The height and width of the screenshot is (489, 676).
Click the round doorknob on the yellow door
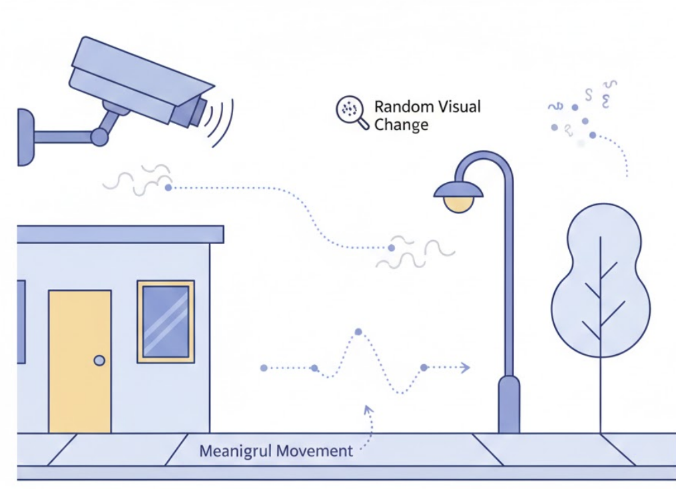tap(99, 361)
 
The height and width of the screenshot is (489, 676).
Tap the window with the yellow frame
tap(166, 322)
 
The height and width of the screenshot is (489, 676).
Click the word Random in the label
tap(398, 107)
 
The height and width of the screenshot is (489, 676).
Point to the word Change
tap(401, 125)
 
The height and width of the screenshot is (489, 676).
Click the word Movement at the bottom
tap(314, 451)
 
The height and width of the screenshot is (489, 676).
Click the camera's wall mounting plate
tap(25, 137)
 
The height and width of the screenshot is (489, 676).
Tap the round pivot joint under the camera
tap(99, 137)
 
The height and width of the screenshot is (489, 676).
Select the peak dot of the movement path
tap(358, 332)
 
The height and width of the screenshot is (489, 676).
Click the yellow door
tap(79, 361)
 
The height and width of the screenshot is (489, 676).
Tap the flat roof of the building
tap(120, 234)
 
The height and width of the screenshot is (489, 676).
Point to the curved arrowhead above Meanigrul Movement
tap(368, 409)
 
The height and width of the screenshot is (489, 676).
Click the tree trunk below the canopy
tap(600, 394)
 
